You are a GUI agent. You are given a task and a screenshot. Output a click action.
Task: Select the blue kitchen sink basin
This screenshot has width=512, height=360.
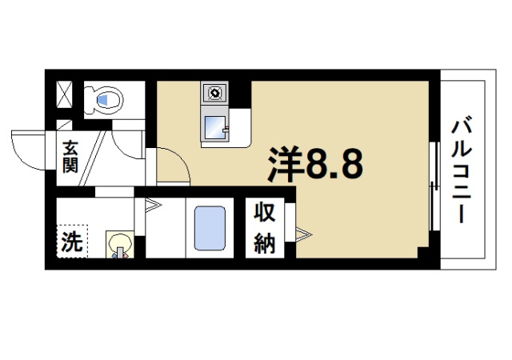[214, 126]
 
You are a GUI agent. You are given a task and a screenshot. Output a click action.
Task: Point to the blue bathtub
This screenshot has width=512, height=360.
[210, 230]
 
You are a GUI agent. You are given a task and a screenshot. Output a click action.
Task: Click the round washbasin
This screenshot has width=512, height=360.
[119, 243]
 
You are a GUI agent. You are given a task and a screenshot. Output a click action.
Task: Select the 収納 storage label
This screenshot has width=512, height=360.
[265, 228]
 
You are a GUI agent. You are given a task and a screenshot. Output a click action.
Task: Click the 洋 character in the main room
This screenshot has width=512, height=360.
[284, 166]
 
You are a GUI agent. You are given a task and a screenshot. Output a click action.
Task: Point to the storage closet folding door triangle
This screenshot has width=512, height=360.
[302, 234]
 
